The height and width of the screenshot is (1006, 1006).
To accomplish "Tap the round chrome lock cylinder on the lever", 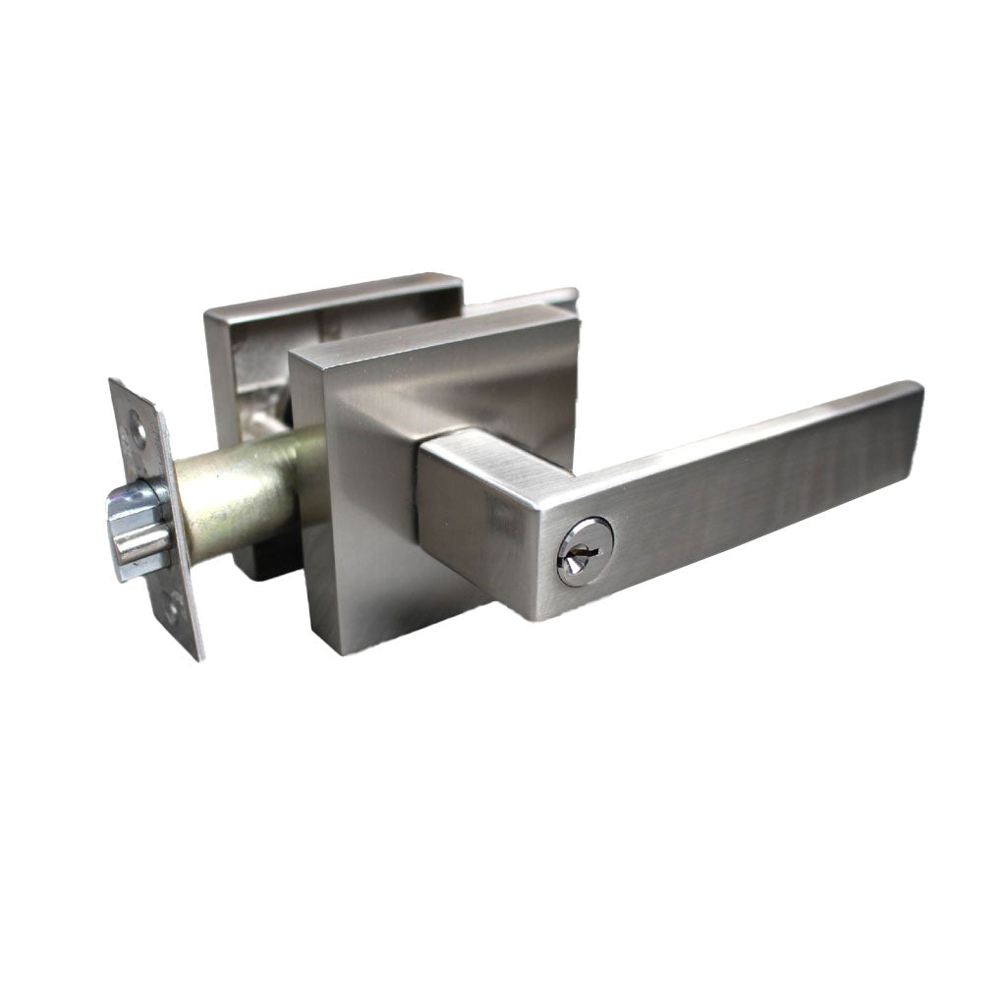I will click(585, 551).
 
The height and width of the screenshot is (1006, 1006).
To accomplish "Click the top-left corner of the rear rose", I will click(208, 312).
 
